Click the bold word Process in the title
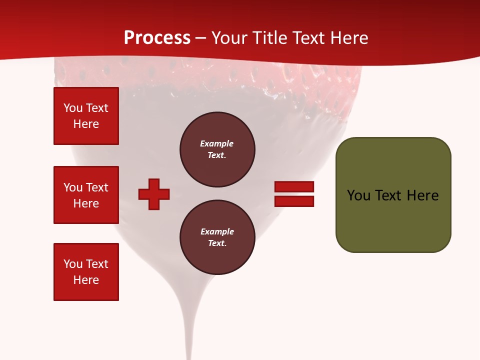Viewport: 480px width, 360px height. (x=157, y=37)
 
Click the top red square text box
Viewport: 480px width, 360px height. (x=86, y=116)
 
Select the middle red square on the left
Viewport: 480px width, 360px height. (x=86, y=195)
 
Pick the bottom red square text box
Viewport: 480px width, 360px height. (x=86, y=271)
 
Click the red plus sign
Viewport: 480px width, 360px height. (x=154, y=194)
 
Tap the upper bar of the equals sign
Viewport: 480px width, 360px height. (x=294, y=186)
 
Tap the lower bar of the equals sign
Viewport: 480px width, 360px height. (x=294, y=201)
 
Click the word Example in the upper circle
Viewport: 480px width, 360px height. (x=216, y=143)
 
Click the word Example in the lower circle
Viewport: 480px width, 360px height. (x=217, y=231)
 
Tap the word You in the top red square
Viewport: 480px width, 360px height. (x=72, y=108)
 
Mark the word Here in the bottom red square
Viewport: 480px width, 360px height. (x=86, y=280)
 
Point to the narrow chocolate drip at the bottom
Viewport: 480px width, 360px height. (x=189, y=330)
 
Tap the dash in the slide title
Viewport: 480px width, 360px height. (x=201, y=38)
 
